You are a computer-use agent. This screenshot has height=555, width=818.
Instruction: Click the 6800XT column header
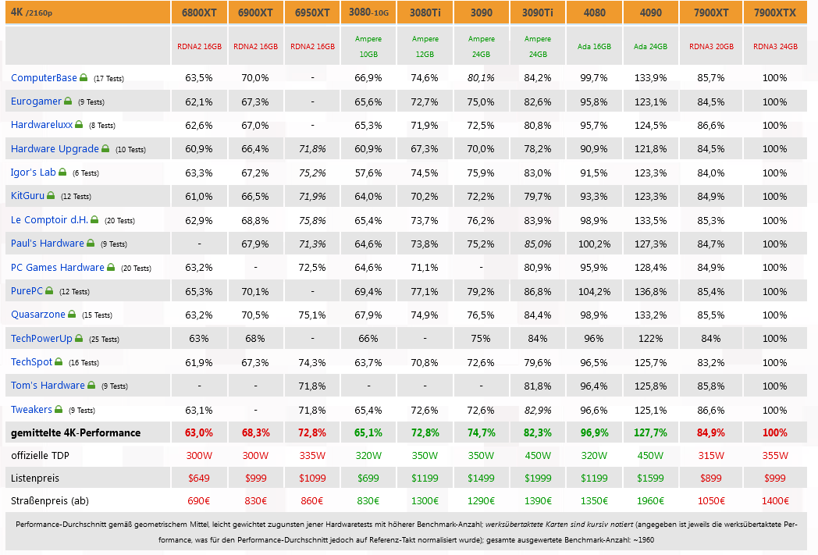pos(199,12)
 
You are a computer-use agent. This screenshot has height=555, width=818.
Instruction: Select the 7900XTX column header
pos(775,12)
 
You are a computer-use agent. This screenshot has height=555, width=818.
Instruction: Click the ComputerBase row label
pos(44,78)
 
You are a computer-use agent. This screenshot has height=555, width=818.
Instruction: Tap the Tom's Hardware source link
pos(48,386)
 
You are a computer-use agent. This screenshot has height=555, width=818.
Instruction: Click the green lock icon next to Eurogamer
pos(67,101)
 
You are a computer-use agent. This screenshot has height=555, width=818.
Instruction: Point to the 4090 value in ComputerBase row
pos(651,78)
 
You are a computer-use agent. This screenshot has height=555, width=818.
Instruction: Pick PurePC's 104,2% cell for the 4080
pos(595,291)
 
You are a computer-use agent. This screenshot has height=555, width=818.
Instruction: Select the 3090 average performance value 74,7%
pos(481,433)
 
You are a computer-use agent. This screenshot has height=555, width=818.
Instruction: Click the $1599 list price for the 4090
pos(651,479)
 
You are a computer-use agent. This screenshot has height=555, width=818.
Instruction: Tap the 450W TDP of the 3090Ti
pos(538,456)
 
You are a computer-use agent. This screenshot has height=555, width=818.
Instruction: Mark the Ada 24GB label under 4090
pos(651,47)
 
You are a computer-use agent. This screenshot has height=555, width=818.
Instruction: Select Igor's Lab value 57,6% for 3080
pos(368,173)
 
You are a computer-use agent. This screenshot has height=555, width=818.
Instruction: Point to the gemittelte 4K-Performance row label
pos(76,433)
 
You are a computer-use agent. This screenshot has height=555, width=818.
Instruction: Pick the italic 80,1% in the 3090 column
pos(481,78)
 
